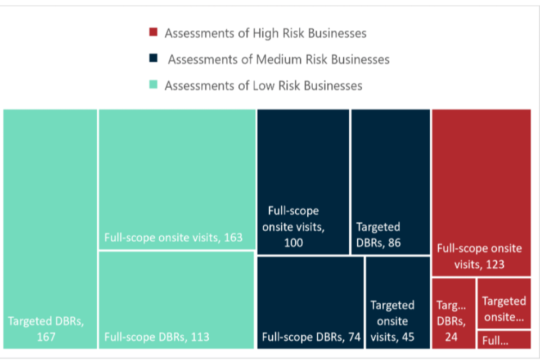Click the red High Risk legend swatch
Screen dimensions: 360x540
pos(153,32)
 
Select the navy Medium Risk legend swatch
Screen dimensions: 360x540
pos(153,58)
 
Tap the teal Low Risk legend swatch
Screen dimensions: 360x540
pos(153,85)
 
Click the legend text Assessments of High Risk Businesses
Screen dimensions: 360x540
pos(265,33)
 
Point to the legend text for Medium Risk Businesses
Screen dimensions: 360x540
pos(278,60)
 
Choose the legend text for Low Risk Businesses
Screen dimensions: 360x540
pos(263,86)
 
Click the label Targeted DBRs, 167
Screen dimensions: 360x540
pos(46,329)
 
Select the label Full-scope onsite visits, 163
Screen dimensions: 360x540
pos(173,237)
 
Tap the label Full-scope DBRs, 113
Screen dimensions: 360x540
pos(156,337)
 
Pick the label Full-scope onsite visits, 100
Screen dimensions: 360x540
pos(293,227)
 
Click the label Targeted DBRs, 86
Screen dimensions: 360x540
pos(379,235)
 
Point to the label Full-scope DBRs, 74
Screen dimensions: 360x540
pos(311,337)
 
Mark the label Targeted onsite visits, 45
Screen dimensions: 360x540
pos(392,321)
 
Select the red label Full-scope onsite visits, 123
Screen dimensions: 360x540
pos(479,256)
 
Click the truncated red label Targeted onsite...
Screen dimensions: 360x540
pos(503,309)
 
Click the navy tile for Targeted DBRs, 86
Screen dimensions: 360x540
pos(390,169)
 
